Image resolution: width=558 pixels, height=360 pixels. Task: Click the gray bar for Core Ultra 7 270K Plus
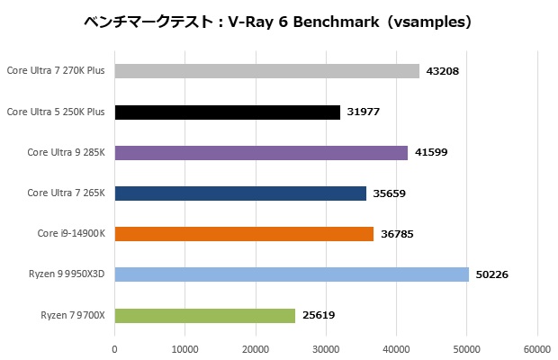tap(267, 71)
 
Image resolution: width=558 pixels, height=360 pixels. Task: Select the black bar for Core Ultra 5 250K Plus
tap(228, 112)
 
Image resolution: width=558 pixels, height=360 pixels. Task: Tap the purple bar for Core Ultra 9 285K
tap(261, 153)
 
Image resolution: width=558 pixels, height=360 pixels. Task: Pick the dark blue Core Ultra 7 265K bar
tap(240, 193)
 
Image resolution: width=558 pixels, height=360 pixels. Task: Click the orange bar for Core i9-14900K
tap(244, 234)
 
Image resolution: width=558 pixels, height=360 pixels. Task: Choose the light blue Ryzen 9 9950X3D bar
tap(292, 274)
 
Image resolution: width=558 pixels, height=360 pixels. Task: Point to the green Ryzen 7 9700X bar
tap(205, 315)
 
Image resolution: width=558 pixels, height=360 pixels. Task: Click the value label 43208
tap(442, 71)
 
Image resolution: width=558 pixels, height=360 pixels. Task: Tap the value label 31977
tap(363, 112)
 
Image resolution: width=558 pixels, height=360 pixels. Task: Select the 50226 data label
tap(491, 274)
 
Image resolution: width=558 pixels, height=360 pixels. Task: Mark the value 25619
tap(318, 315)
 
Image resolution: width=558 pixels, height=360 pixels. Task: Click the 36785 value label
tap(396, 234)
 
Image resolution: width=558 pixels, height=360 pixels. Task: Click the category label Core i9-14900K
tap(71, 234)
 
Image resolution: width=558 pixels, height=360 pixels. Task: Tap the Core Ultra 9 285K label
tap(66, 153)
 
